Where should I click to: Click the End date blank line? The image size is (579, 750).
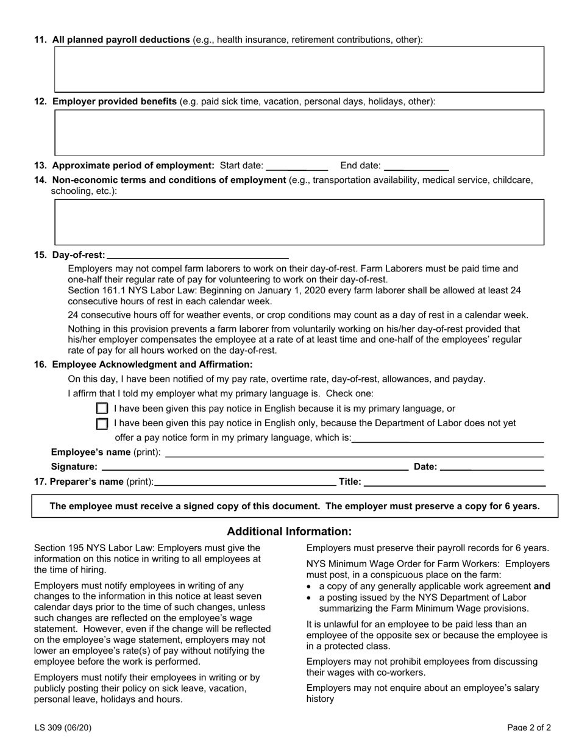(x=417, y=166)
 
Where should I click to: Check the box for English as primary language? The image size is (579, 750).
(x=102, y=409)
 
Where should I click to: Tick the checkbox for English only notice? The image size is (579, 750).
(x=102, y=424)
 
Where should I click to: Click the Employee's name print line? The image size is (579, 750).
(x=354, y=452)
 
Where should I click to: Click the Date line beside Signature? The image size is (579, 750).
(x=491, y=467)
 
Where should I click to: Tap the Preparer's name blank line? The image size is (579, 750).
(x=245, y=482)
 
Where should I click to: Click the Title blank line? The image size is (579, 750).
(x=454, y=482)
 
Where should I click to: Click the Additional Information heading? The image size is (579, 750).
(x=289, y=531)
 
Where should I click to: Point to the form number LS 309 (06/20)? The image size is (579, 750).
(x=63, y=727)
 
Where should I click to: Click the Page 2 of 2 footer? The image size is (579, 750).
(x=529, y=727)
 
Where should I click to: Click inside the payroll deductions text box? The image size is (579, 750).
(x=299, y=70)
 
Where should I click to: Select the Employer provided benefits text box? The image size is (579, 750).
(x=299, y=133)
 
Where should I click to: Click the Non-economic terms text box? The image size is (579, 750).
(x=299, y=222)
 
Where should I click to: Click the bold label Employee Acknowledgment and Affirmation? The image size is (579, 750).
(x=152, y=365)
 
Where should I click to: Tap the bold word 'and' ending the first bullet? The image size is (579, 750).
(x=541, y=587)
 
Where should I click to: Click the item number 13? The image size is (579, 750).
(x=41, y=165)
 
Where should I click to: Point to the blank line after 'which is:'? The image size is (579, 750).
(x=447, y=438)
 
